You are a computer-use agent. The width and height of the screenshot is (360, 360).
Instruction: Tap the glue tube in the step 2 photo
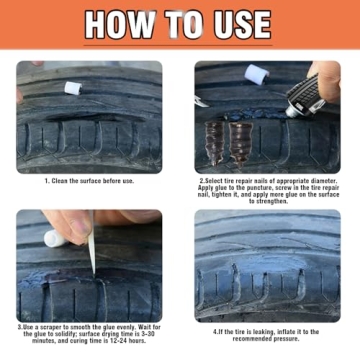[303, 99]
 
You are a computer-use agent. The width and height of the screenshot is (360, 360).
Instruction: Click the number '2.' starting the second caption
[201, 182]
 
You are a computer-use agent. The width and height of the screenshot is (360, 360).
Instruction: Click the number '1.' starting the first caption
[46, 183]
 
